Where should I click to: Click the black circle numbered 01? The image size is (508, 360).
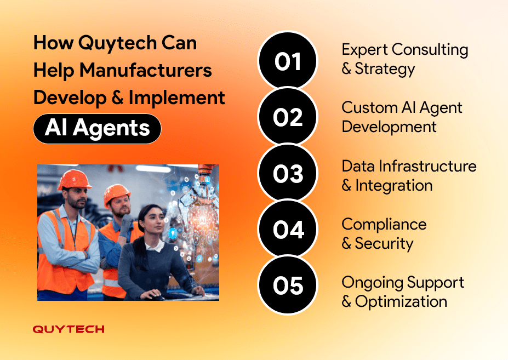tap(288, 60)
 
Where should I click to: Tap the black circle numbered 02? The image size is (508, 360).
tap(288, 116)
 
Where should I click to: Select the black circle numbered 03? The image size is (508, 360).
tap(288, 173)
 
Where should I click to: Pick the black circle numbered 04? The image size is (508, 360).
tap(288, 229)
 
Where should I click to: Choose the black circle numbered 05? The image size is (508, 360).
tap(288, 285)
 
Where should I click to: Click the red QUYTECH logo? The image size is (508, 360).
tap(69, 329)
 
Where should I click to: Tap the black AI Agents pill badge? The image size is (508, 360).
tap(97, 128)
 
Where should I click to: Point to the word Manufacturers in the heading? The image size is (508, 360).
tap(146, 70)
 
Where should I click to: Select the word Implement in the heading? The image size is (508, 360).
tap(177, 98)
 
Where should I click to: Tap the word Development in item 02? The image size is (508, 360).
tap(389, 127)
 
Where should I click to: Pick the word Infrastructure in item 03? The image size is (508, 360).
tap(427, 166)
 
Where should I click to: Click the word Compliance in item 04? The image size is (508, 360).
tap(384, 225)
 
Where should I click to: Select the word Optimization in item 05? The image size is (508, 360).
tap(401, 302)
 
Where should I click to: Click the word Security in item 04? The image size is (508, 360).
tap(384, 244)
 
